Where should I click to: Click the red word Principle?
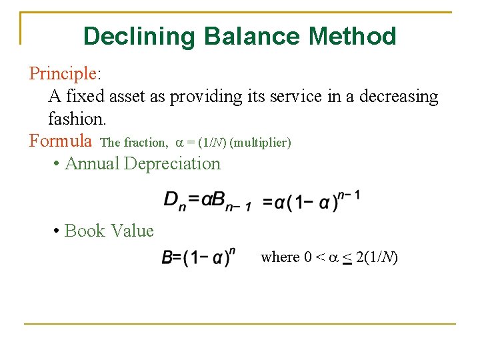(x=63, y=73)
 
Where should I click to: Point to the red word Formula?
(x=61, y=141)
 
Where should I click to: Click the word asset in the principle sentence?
(x=128, y=97)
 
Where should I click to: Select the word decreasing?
(x=399, y=97)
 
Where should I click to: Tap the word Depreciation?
(x=172, y=163)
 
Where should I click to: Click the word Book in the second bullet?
(x=85, y=231)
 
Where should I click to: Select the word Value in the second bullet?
(x=132, y=231)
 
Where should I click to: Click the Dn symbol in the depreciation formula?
(x=174, y=200)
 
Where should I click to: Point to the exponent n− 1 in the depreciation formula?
(x=349, y=195)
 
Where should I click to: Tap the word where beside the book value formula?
(x=280, y=257)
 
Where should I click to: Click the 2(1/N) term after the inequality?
(x=377, y=257)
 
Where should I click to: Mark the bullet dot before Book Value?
(x=58, y=231)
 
